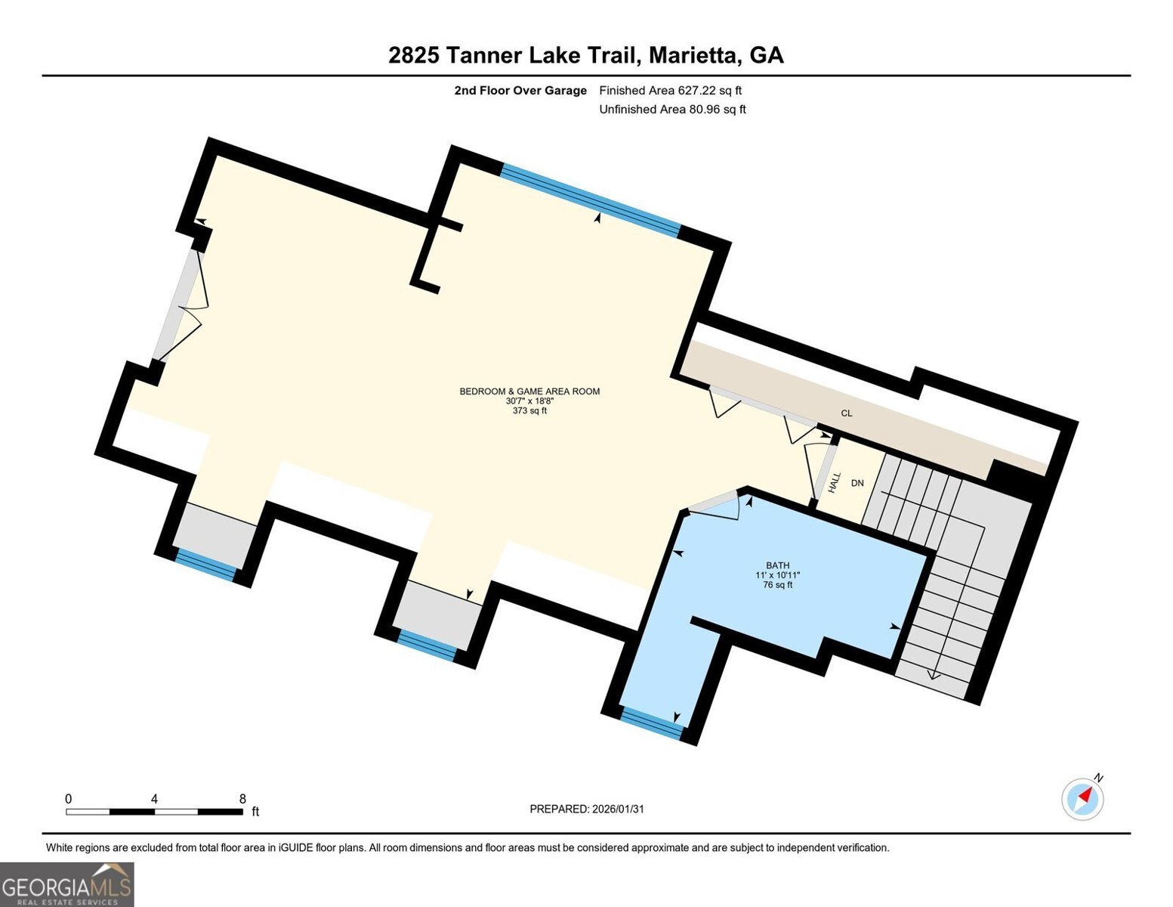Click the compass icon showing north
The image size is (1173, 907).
pyautogui.click(x=1082, y=799)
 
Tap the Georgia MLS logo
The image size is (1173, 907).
pyautogui.click(x=66, y=884)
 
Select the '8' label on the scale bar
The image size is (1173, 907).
pyautogui.click(x=242, y=798)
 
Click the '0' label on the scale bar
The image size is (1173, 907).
pyautogui.click(x=68, y=798)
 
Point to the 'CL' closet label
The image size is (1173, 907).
pyautogui.click(x=846, y=413)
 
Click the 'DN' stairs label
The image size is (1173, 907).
pyautogui.click(x=857, y=483)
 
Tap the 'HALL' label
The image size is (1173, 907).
pyautogui.click(x=835, y=482)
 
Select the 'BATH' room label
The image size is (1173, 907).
pyautogui.click(x=778, y=565)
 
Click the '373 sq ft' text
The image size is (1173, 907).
pyautogui.click(x=529, y=411)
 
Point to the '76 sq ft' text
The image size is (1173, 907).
pyautogui.click(x=778, y=585)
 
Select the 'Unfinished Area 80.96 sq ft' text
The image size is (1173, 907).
pyautogui.click(x=672, y=109)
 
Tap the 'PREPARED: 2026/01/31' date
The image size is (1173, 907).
pyautogui.click(x=587, y=809)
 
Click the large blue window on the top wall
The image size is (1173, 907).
pyautogui.click(x=590, y=200)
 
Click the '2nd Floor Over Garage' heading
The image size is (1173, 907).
pyautogui.click(x=520, y=90)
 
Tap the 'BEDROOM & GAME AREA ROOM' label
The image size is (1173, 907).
pyautogui.click(x=529, y=391)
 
